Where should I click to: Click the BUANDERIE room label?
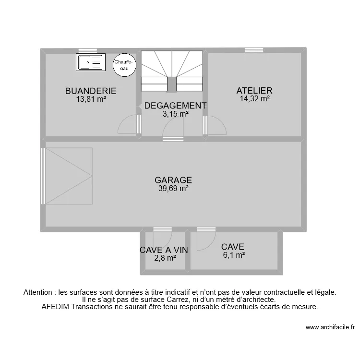[91, 91]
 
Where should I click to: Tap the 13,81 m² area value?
[91, 99]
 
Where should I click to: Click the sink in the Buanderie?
[90, 62]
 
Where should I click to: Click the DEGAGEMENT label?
[175, 106]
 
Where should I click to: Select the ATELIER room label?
[254, 90]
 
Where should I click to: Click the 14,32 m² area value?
[254, 99]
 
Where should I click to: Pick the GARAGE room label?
[173, 180]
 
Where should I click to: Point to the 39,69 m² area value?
[173, 189]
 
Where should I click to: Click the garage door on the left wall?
[44, 176]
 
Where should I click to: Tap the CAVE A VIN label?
[164, 250]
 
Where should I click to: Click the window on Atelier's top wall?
[253, 50]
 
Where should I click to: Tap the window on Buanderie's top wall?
[88, 50]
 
